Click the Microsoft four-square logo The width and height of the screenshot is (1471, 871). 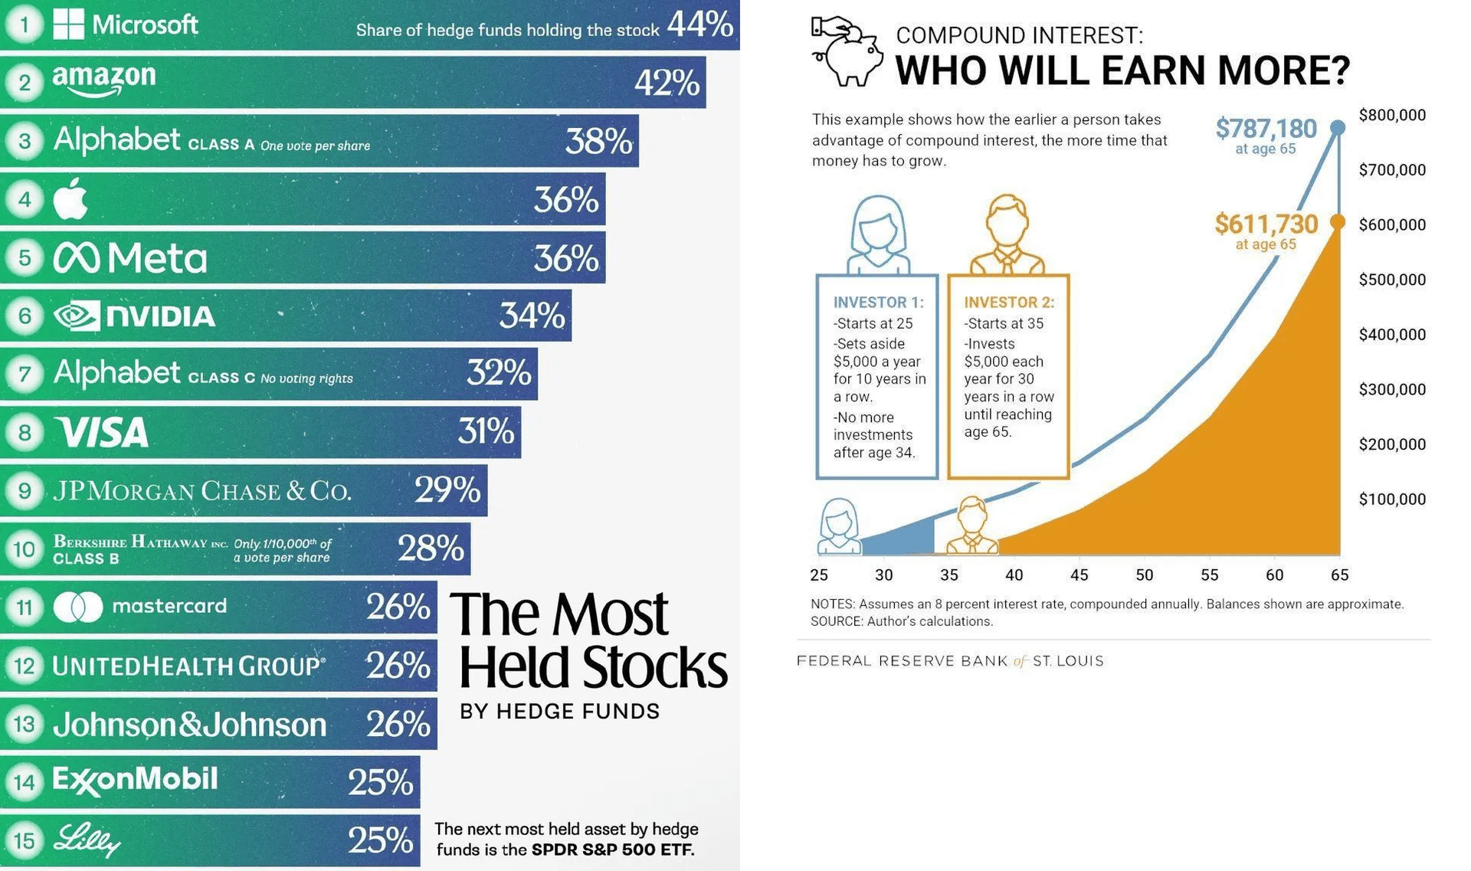coord(68,24)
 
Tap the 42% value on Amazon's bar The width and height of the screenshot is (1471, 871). coord(667,82)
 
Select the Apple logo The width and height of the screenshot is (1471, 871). coord(70,198)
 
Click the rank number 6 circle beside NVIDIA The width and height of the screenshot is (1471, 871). coord(25,315)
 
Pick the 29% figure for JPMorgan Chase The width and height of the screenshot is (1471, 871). coord(447,490)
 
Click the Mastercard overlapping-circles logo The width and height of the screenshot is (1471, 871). coord(78,607)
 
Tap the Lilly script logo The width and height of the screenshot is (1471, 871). coord(87,840)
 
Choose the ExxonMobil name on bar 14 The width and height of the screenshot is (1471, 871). coord(135,780)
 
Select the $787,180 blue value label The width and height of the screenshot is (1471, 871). coord(1266,128)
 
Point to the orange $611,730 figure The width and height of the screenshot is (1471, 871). coord(1266,224)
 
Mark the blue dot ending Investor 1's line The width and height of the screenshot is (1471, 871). coord(1338,127)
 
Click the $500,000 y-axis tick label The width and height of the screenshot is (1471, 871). coord(1392,280)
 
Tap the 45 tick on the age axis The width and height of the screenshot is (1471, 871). coord(1079,575)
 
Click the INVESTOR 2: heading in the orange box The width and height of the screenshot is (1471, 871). coord(1009,303)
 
